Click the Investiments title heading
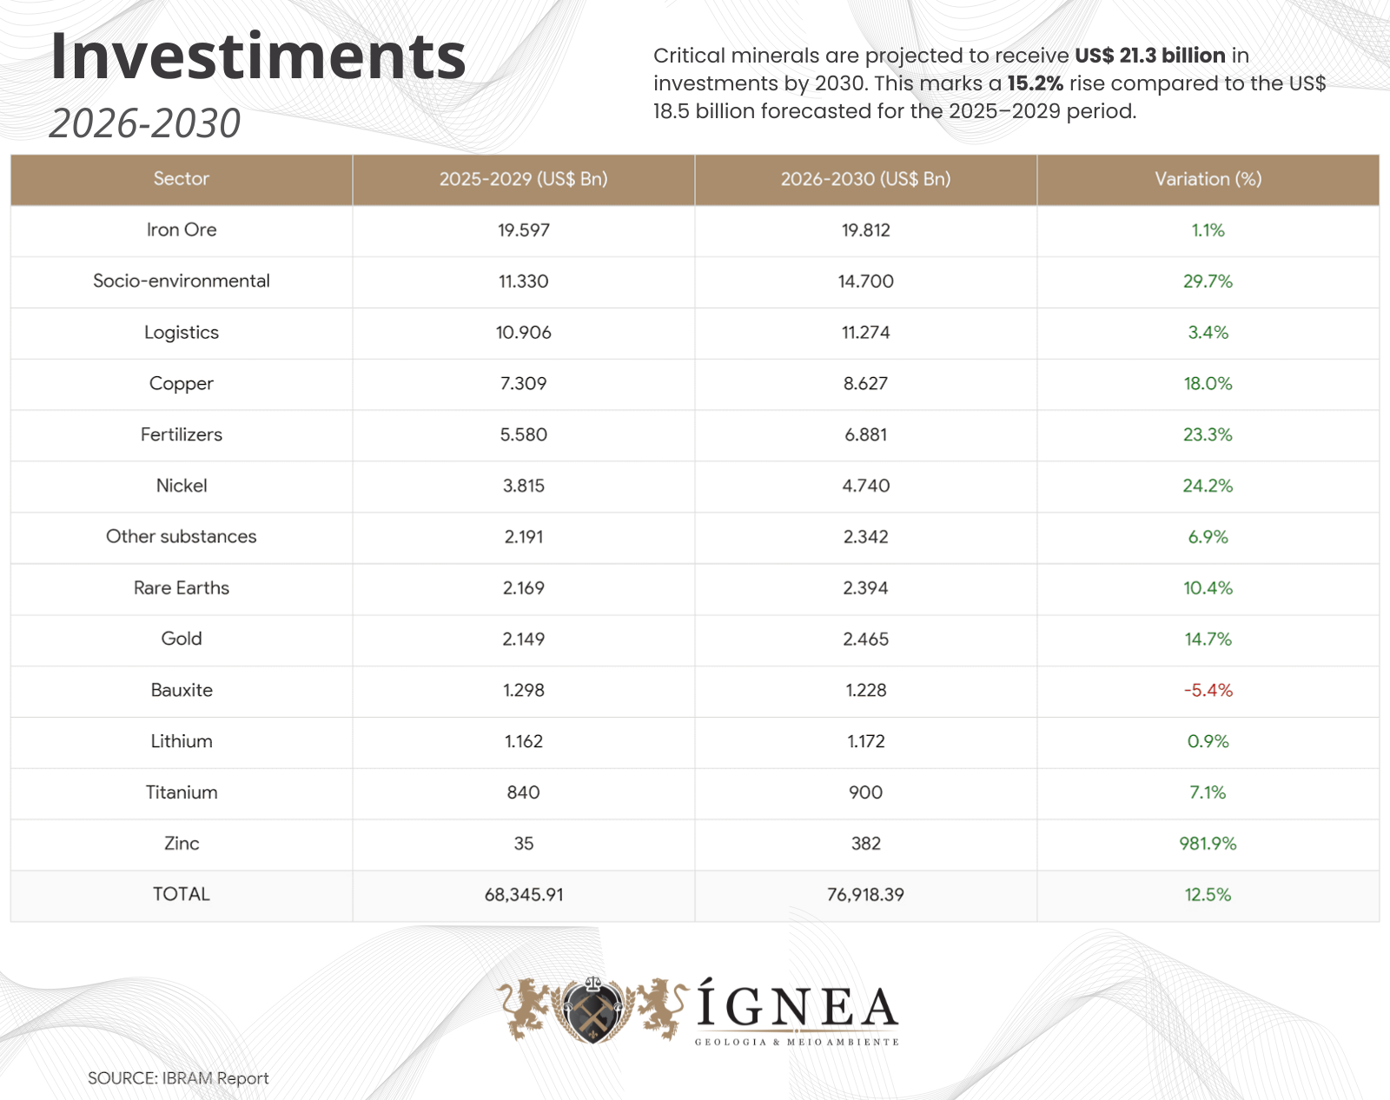pos(258,56)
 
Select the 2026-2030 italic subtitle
pos(145,123)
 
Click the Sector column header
pos(181,179)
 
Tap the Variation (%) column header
pos(1208,179)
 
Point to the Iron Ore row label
pos(181,230)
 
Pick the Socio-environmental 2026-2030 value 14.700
pos(865,282)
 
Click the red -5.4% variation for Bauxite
pos(1208,691)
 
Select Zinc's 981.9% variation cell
pos(1208,844)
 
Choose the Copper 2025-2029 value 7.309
pos(523,384)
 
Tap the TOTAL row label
pos(181,894)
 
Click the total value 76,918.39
pos(865,895)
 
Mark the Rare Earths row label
pos(181,588)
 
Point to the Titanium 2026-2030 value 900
pos(865,792)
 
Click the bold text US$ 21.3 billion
pos(1149,56)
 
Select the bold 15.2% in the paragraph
pos(1035,83)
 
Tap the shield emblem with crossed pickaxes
pos(592,1010)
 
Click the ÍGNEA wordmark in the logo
pos(797,1008)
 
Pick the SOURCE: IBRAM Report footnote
pos(178,1078)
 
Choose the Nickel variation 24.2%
pos(1208,486)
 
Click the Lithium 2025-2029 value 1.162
pos(523,742)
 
